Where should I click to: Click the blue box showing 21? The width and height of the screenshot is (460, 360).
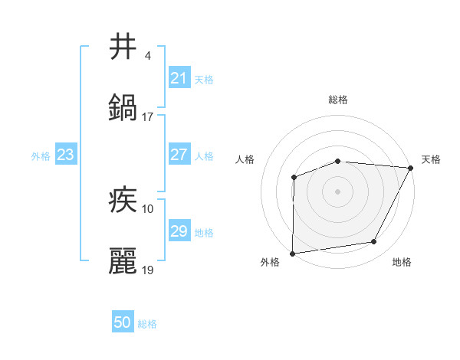[179, 78]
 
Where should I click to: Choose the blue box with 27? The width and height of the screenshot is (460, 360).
[179, 155]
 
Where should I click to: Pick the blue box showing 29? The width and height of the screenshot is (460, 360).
[179, 231]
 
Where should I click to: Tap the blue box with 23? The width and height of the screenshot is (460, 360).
[66, 155]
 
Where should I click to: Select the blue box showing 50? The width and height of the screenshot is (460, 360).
[123, 323]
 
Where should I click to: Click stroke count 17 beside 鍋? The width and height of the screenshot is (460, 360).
[148, 117]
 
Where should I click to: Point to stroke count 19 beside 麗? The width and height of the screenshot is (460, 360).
[148, 270]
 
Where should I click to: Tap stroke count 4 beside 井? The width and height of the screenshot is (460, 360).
[147, 56]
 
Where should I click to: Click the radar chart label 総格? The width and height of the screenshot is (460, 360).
[338, 100]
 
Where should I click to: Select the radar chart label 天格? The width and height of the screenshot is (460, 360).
[431, 159]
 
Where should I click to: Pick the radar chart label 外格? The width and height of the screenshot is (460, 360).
[270, 263]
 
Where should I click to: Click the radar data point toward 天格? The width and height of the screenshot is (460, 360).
[411, 168]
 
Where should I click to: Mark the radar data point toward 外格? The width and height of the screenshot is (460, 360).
[292, 254]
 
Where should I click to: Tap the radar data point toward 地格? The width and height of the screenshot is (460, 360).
[374, 242]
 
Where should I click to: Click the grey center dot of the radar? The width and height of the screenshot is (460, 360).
[337, 191]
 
